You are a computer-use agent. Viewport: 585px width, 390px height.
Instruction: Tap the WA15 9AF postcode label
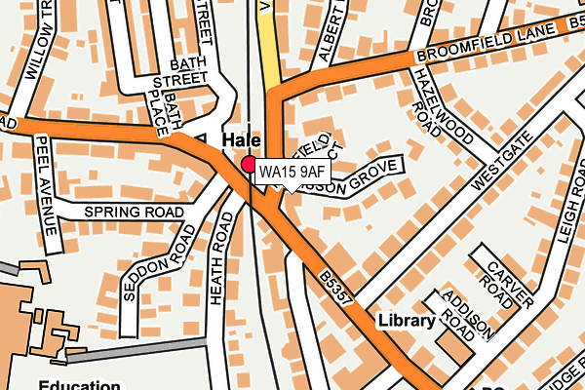[291, 173]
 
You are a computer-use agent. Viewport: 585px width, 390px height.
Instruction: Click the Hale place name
[242, 140]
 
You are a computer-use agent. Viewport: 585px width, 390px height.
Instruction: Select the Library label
[408, 321]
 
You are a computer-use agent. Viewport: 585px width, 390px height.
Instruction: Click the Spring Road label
[134, 212]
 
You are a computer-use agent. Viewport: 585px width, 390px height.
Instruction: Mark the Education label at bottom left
[78, 383]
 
